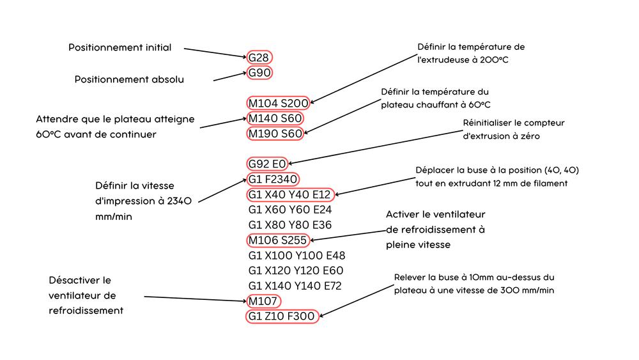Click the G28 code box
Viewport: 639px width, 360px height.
tap(259, 58)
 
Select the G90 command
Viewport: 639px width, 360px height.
tap(259, 72)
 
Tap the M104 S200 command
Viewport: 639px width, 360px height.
tap(279, 103)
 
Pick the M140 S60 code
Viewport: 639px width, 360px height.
tap(275, 118)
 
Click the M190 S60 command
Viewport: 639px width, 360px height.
tap(275, 133)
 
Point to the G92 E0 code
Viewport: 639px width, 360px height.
tap(267, 164)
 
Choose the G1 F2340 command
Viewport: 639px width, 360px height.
tap(273, 179)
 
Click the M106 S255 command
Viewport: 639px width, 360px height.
tap(277, 240)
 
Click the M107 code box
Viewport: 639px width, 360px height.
tap(263, 301)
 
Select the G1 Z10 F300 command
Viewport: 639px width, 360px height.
tap(282, 317)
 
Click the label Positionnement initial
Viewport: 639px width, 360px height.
tap(120, 47)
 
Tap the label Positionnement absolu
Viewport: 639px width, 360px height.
tap(129, 79)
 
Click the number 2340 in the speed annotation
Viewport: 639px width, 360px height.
tap(180, 201)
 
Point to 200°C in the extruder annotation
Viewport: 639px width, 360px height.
tap(494, 60)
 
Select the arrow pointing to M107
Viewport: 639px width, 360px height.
tap(195, 299)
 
